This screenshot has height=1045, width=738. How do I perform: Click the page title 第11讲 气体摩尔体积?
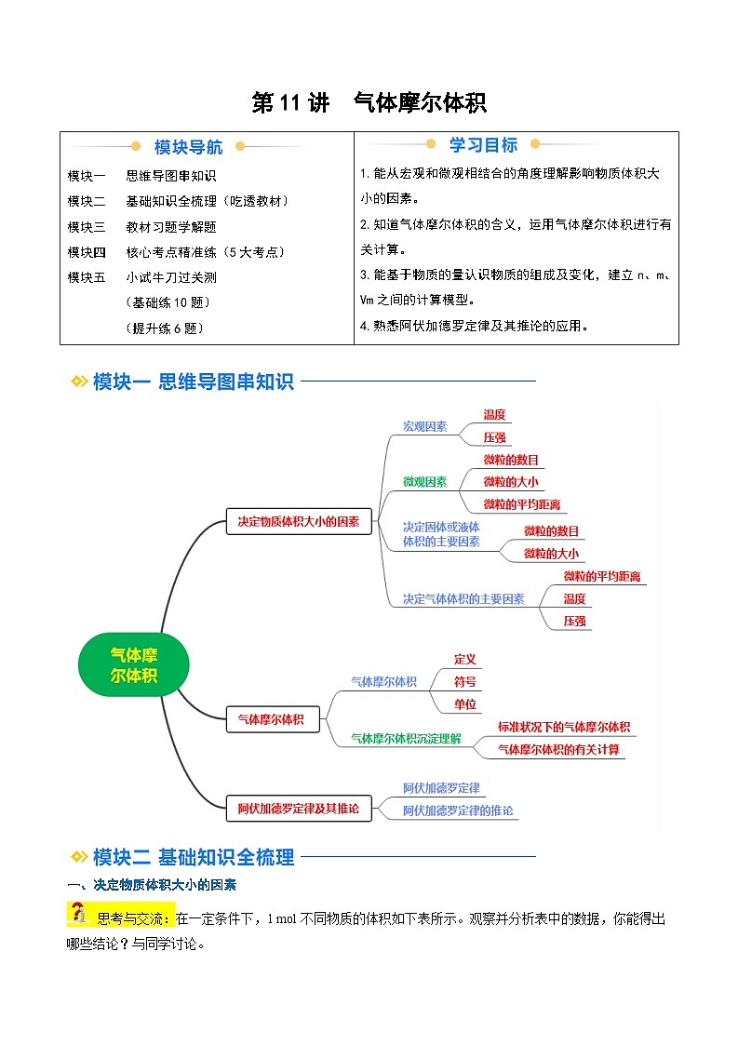point(369,102)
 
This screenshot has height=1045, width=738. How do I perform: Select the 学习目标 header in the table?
point(483,145)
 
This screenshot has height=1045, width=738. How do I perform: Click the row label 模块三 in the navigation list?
point(87,226)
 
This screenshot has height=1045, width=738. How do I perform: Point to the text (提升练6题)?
point(163,328)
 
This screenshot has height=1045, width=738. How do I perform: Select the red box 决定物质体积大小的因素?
point(299,522)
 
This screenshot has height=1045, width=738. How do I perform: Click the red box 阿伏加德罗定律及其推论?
point(299,808)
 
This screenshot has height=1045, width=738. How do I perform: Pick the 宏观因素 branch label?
point(424,426)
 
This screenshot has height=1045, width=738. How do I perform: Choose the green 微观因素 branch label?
point(424,482)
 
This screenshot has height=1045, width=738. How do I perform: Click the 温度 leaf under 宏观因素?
point(494,415)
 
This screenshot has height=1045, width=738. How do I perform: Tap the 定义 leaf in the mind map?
point(465,659)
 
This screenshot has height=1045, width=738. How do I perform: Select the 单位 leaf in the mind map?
point(465,704)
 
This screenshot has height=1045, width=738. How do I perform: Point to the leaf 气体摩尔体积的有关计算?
point(559,749)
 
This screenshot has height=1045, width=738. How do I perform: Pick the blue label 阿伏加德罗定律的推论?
point(458,811)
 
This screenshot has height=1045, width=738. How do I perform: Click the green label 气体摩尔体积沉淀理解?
point(406,738)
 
